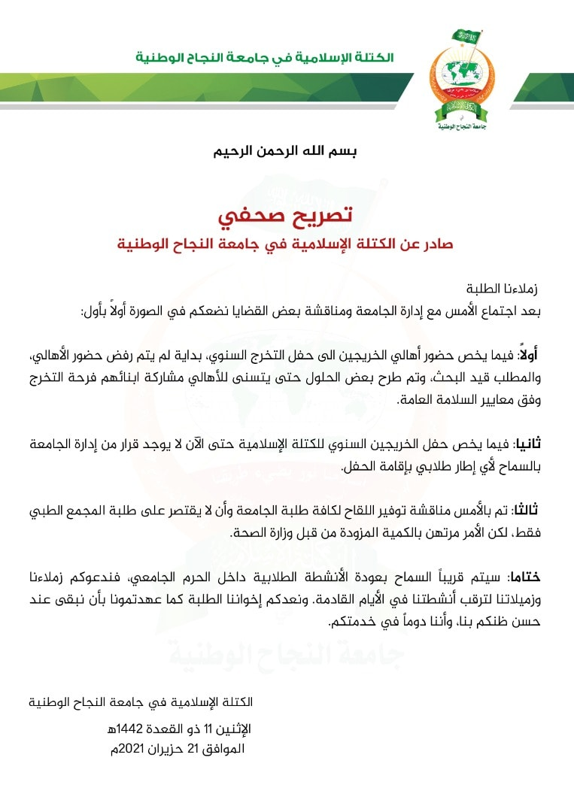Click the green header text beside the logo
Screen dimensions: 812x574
264,58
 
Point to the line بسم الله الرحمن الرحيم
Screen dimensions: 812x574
287,150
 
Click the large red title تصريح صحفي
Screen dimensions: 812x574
286,216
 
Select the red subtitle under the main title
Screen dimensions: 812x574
287,245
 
